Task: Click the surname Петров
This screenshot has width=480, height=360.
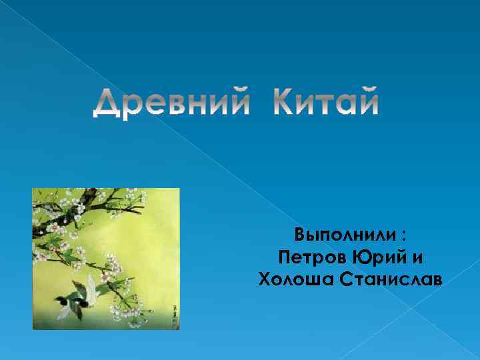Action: pyautogui.click(x=312, y=257)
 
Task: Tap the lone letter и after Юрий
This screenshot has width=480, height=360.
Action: pyautogui.click(x=417, y=258)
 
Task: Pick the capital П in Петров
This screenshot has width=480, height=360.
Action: pyautogui.click(x=284, y=257)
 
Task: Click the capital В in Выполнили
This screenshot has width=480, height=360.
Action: pyautogui.click(x=301, y=235)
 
